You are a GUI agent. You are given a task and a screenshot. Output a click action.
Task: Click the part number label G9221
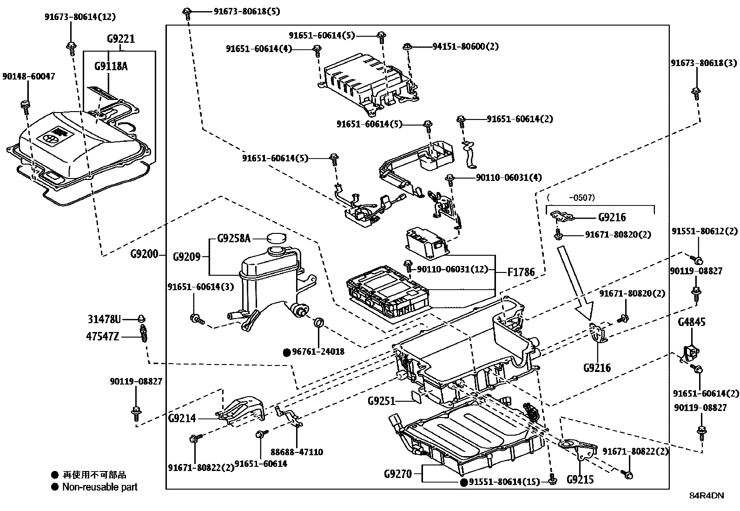click(x=120, y=39)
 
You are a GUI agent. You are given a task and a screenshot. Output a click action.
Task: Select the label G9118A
click(x=111, y=66)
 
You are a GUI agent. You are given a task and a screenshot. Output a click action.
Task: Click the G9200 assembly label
click(x=144, y=254)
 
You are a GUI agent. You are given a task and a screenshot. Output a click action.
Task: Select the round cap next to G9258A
click(x=276, y=238)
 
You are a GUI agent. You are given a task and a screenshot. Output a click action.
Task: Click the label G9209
click(x=186, y=257)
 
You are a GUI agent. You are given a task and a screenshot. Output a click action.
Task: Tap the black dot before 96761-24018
click(x=287, y=352)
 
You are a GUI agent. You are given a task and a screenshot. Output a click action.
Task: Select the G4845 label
click(x=691, y=322)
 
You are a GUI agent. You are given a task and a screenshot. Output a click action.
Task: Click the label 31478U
click(x=104, y=319)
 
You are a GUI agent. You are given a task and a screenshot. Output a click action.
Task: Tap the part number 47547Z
click(x=102, y=336)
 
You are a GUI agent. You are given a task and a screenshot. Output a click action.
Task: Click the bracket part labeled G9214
click(x=242, y=409)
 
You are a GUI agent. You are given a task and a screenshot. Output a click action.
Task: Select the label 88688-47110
click(x=297, y=452)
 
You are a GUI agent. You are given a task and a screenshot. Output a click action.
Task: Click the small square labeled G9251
click(x=416, y=396)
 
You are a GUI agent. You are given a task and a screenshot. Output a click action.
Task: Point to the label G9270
click(x=398, y=474)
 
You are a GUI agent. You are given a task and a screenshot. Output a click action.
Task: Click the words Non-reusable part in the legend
click(x=100, y=487)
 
